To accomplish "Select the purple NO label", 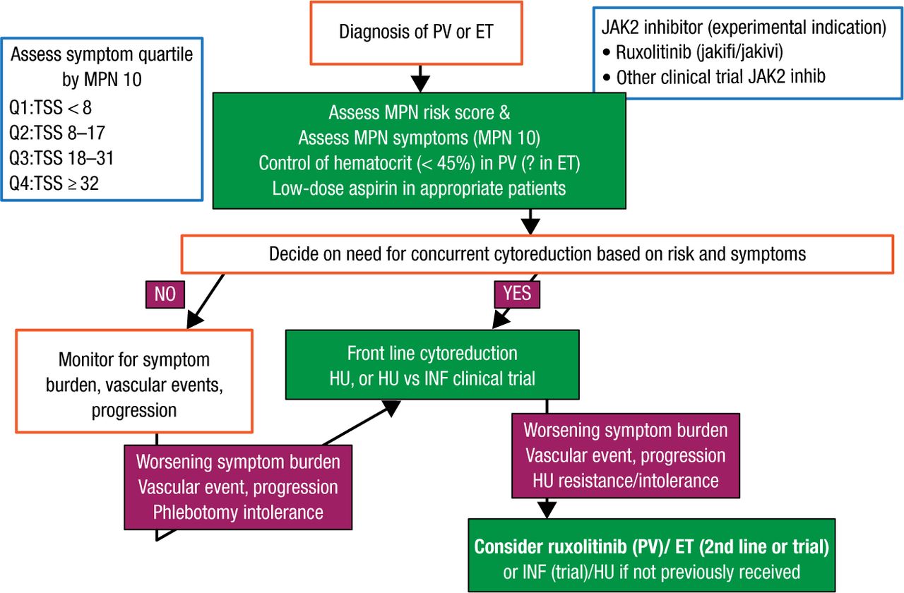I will pos(165,294).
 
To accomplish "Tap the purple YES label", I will pos(518,292).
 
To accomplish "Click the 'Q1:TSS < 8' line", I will pos(51,108).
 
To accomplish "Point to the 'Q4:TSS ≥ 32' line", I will pos(54,184).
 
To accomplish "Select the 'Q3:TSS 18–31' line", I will pos(61,158).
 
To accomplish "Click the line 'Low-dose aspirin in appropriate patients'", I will pos(419,187).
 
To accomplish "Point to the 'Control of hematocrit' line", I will pos(419,162).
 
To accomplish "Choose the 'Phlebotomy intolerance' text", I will pos(238,513).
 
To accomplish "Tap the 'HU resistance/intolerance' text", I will pos(626,481).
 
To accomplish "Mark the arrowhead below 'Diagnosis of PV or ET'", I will pos(421,83).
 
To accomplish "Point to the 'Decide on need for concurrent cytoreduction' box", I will pos(537,253).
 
